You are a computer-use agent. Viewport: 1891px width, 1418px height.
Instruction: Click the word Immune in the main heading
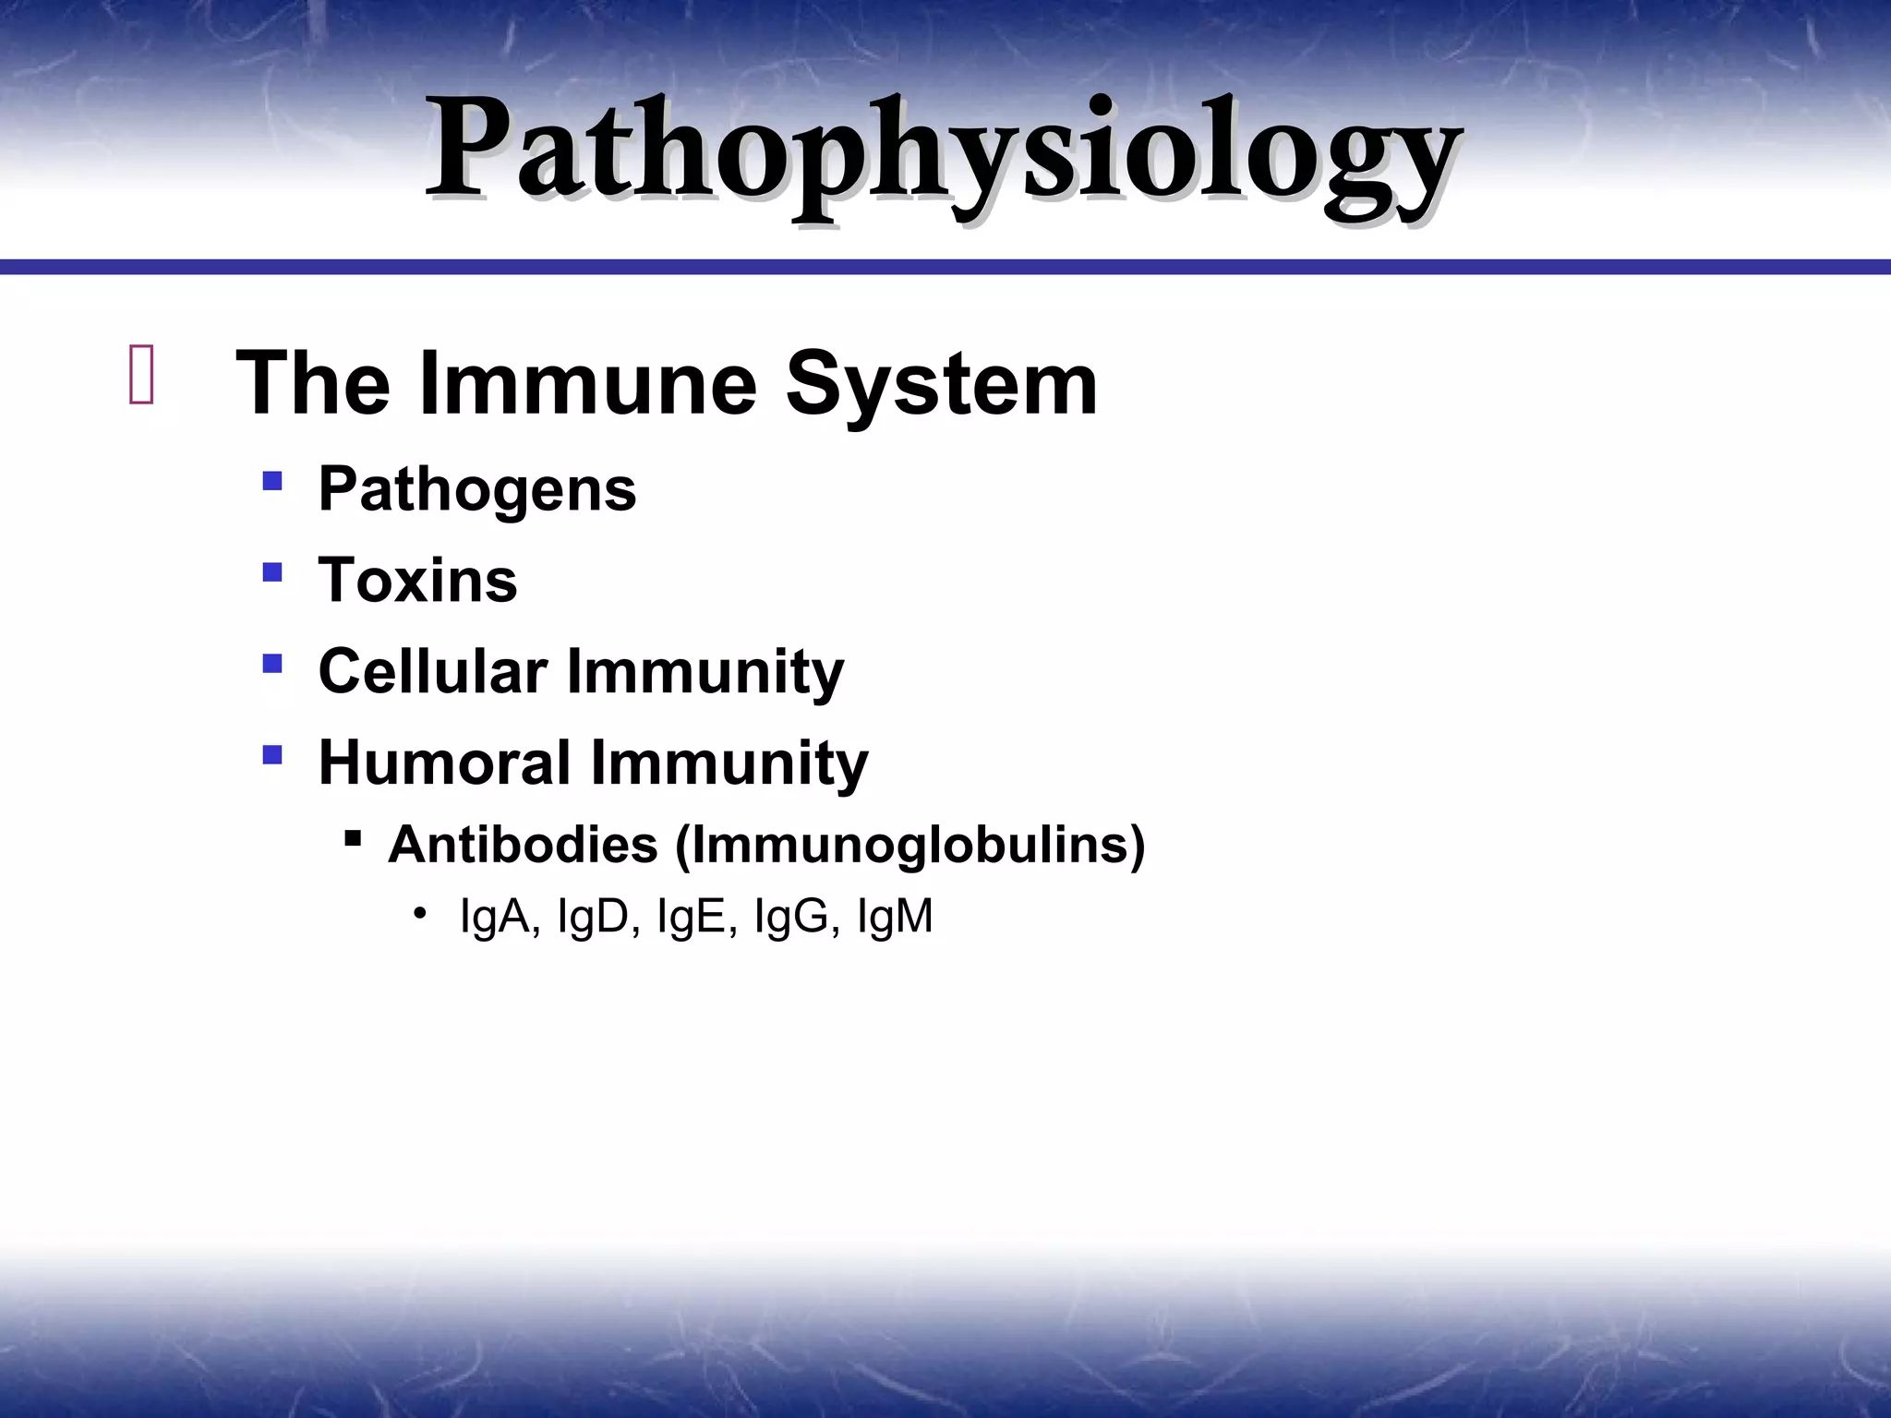[587, 383]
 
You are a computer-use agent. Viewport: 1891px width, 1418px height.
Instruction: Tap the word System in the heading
[941, 383]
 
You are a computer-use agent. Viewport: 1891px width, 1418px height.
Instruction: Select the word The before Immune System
[313, 383]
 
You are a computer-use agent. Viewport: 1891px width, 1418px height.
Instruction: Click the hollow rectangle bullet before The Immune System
[141, 375]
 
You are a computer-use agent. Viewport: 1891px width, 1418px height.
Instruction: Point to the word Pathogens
[476, 488]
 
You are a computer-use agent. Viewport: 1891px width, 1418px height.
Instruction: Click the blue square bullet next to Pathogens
[271, 481]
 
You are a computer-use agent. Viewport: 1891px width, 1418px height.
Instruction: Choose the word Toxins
[417, 580]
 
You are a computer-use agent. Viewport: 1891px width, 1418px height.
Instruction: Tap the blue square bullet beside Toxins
[271, 572]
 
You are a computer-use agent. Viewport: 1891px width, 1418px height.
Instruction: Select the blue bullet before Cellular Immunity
[271, 663]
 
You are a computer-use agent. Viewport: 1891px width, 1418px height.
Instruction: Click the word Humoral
[444, 763]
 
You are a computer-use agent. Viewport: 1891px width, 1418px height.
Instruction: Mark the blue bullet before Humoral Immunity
[271, 755]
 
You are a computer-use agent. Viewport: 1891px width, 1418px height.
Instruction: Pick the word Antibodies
[523, 844]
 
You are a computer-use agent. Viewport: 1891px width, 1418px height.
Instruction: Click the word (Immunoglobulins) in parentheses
[909, 844]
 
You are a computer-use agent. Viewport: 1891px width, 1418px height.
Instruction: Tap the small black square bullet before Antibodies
[352, 838]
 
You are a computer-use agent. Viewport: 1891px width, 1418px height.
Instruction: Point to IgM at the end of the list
[895, 917]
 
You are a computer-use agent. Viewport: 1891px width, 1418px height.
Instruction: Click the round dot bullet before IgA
[420, 914]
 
